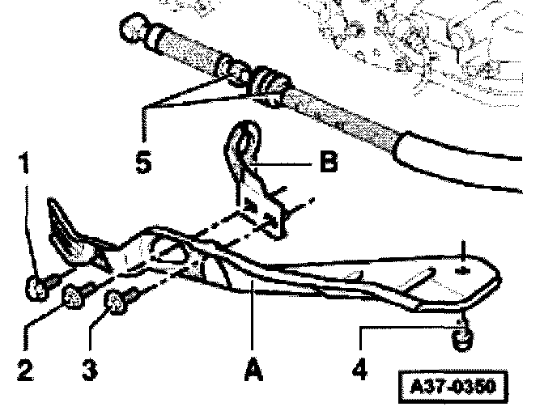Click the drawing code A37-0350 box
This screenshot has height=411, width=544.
453,386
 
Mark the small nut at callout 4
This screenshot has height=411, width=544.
461,339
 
